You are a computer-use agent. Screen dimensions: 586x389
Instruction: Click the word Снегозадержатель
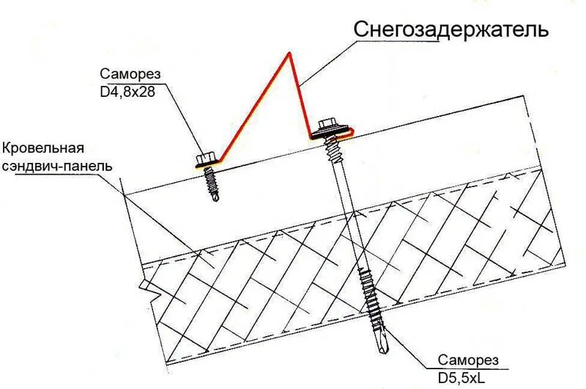(x=450, y=30)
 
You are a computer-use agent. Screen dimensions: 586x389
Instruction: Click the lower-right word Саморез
(x=469, y=359)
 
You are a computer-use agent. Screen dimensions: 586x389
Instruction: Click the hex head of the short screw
(x=204, y=158)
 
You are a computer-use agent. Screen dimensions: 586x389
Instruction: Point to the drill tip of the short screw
(x=215, y=197)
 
